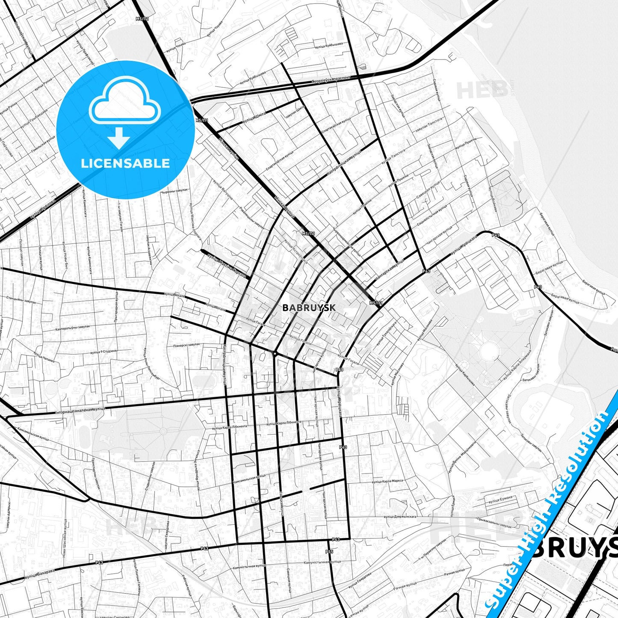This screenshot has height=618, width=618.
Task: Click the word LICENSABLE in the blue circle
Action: click(125, 163)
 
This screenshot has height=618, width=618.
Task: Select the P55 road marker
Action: click(329, 551)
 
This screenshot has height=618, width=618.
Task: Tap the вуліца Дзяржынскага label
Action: click(400, 516)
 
